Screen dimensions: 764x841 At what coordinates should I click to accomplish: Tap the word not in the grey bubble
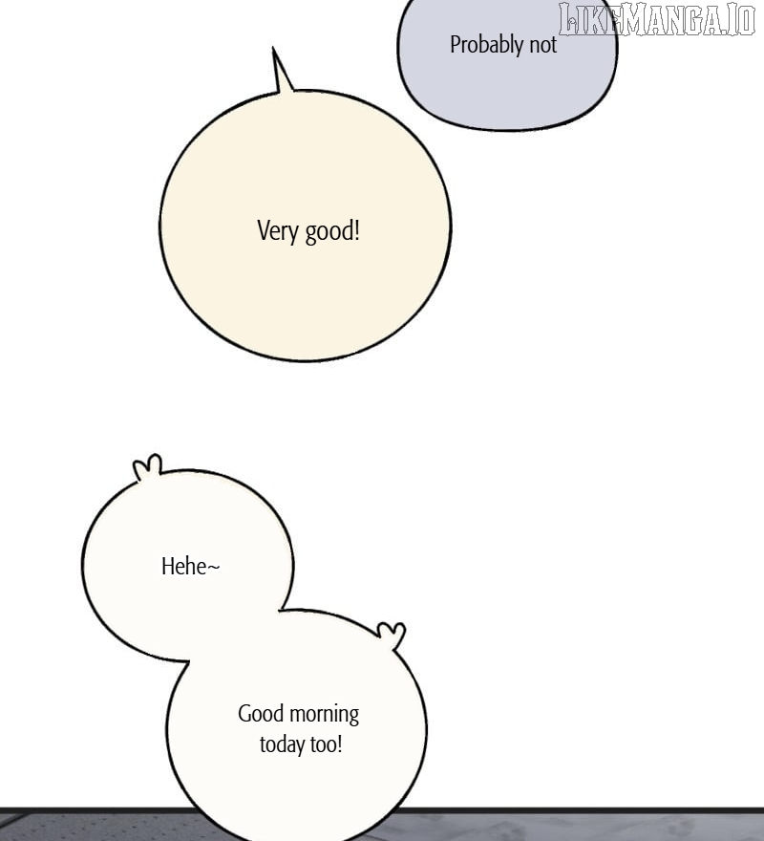543,46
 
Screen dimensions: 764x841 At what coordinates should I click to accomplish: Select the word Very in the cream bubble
278,231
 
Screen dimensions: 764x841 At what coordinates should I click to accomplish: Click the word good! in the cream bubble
332,231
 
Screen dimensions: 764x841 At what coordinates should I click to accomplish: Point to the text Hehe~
190,567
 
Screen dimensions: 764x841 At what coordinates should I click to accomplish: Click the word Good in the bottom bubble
261,714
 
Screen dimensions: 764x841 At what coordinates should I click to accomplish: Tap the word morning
325,715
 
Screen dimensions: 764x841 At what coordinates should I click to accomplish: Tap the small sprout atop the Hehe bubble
147,466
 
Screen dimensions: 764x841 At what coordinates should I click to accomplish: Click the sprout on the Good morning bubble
393,634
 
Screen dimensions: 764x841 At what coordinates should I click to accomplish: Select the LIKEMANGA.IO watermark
657,19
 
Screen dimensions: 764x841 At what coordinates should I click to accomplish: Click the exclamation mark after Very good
356,230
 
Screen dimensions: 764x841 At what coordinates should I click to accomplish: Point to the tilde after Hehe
213,567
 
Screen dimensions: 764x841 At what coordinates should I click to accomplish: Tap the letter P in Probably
456,45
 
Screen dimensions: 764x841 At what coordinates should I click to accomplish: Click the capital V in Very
264,230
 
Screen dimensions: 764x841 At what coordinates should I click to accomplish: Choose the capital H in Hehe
167,567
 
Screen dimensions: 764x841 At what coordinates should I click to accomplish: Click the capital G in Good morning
244,714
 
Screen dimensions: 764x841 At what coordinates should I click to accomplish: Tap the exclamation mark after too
339,744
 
